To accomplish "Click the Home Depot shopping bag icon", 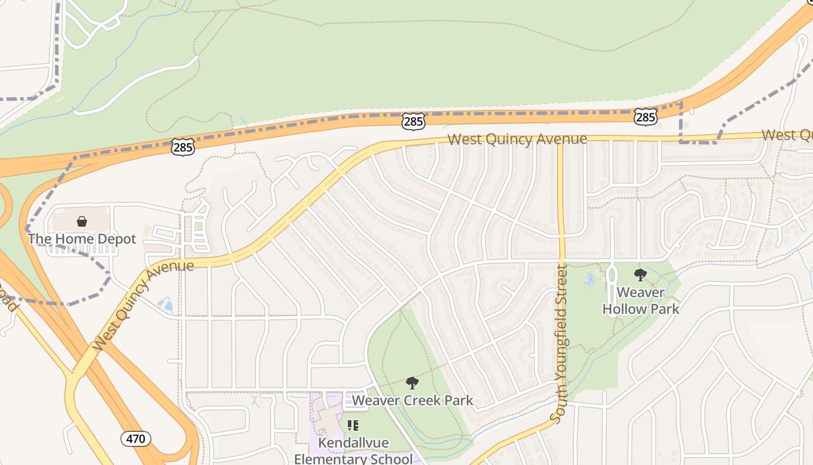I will (82, 221).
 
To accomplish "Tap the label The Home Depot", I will (82, 239).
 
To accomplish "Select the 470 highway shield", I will (136, 438).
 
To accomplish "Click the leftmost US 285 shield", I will (182, 147).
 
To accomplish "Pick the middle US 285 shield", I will (413, 121).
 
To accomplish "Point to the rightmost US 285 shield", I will (646, 117).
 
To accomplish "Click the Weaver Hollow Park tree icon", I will (640, 275).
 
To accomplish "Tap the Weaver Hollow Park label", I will (641, 301).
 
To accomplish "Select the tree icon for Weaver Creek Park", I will (412, 382).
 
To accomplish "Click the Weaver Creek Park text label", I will (412, 400).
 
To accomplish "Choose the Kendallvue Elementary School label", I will (353, 451).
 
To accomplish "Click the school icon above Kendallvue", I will (352, 426).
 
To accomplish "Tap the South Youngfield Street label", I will (561, 343).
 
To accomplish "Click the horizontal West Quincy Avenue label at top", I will (517, 139).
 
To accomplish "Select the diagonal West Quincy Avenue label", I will (142, 305).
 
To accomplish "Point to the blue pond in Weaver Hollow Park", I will (589, 280).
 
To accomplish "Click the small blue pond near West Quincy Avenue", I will (165, 303).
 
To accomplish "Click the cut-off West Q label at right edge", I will (787, 135).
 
